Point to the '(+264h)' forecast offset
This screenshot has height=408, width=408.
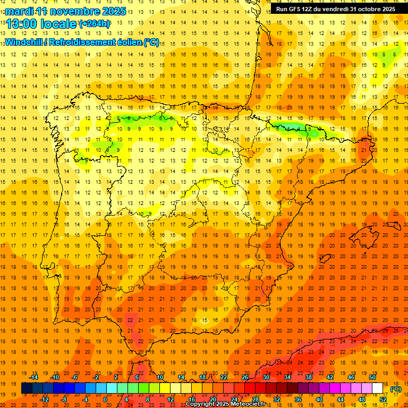[95, 24]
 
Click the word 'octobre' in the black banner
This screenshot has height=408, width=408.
[366, 9]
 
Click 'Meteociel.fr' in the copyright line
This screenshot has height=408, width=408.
[249, 404]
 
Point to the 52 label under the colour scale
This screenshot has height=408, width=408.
[384, 399]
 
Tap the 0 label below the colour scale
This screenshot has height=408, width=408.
[105, 399]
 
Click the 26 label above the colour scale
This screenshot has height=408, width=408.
[245, 377]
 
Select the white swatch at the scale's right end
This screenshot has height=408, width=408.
[378, 388]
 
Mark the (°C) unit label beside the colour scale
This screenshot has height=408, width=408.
[396, 389]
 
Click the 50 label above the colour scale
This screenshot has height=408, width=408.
[372, 377]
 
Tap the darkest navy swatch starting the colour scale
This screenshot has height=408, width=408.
[27, 388]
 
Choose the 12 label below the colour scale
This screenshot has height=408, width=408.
[171, 399]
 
